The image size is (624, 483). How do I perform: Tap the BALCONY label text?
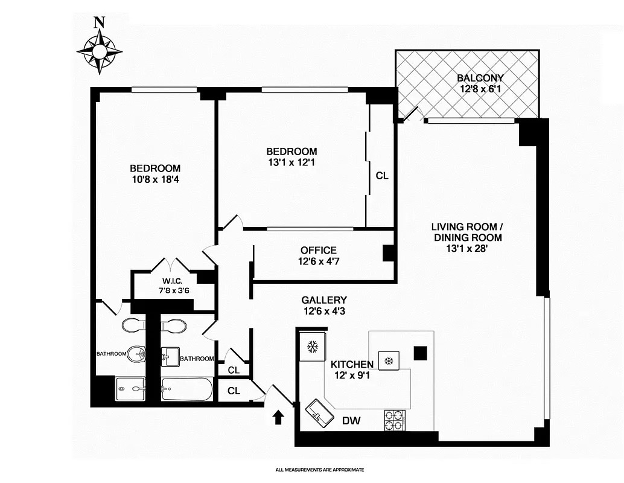(x=480, y=78)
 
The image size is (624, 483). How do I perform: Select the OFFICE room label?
(x=318, y=251)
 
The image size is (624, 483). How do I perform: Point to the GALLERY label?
(x=324, y=300)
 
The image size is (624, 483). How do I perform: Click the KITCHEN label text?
(x=352, y=364)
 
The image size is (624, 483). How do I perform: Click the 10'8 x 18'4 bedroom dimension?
(x=155, y=179)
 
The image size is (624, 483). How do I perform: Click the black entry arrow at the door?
(x=278, y=417)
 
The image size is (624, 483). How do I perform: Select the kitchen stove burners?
(x=395, y=420)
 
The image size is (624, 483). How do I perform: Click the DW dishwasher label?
(x=351, y=421)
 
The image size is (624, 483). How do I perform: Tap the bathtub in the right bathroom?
(x=186, y=389)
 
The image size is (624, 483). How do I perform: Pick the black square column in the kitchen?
(x=420, y=352)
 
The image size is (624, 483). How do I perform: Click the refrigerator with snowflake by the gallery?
(x=313, y=347)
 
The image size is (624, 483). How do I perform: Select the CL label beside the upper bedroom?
(x=381, y=176)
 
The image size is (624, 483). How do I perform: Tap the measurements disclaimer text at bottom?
(x=320, y=469)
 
